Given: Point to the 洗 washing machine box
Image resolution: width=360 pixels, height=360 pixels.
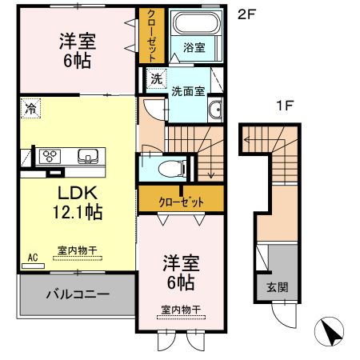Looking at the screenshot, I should [156, 78].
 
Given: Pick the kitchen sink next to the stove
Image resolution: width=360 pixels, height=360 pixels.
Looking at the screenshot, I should [86, 154].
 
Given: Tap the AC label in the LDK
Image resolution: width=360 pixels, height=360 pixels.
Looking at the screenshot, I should [33, 257].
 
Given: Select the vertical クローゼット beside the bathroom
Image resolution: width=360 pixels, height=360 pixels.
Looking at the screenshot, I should [149, 35].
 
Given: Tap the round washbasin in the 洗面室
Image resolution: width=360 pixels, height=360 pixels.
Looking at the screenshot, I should [214, 111].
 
